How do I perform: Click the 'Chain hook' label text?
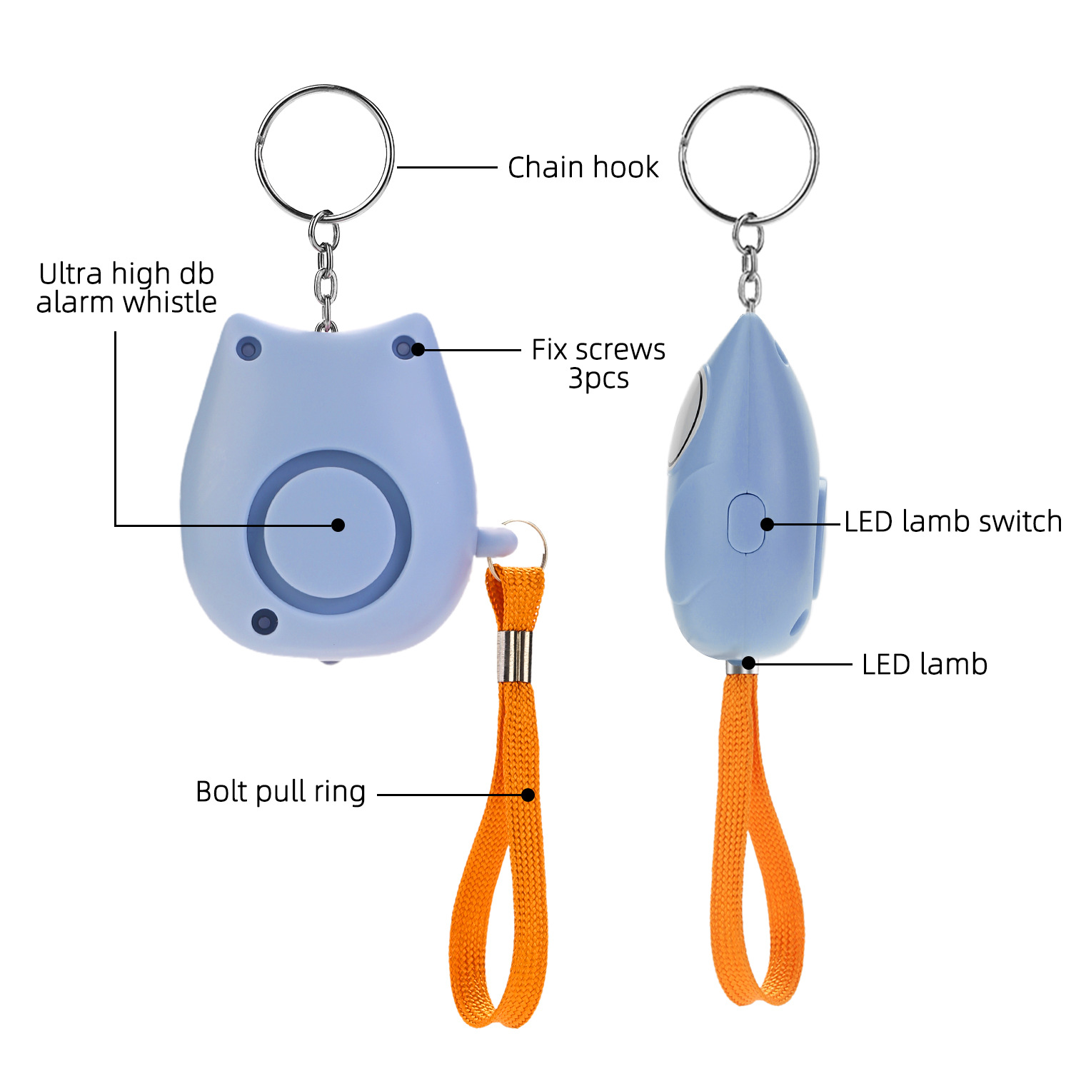(x=583, y=167)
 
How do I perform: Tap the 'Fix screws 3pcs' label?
(x=598, y=363)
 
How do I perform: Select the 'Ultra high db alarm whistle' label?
(x=126, y=288)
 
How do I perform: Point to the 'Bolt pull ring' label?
(x=281, y=792)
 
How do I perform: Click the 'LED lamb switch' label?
(x=952, y=522)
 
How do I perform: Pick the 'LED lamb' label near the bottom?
(x=925, y=664)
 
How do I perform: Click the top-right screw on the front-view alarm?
(x=404, y=348)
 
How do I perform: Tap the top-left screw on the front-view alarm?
(x=248, y=349)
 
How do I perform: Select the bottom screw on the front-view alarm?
(x=264, y=621)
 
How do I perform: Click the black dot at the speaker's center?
(x=338, y=525)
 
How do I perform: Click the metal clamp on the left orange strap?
(x=513, y=657)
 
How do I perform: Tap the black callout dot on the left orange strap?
(x=528, y=795)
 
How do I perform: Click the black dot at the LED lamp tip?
(x=748, y=663)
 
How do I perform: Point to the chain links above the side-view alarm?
(x=748, y=261)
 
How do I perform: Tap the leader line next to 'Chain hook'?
(x=447, y=167)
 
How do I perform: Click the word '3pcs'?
(x=598, y=378)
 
